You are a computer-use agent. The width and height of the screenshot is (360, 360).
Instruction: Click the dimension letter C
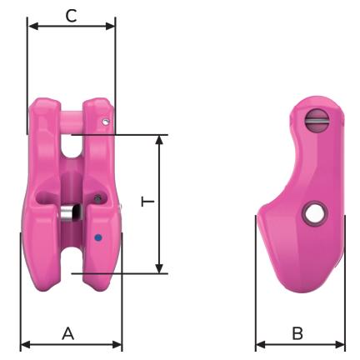click(71, 16)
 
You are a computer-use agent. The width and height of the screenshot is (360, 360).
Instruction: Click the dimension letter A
click(68, 333)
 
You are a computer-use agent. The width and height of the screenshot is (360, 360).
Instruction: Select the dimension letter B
click(297, 333)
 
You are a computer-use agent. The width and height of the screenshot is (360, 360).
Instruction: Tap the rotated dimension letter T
click(147, 202)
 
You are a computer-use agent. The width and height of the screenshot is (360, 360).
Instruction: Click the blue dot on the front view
click(97, 237)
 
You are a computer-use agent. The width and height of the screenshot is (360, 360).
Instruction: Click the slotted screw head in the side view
click(317, 121)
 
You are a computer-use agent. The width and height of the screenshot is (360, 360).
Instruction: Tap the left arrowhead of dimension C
click(33, 27)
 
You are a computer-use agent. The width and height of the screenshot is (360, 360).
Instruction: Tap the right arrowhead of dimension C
click(110, 27)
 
